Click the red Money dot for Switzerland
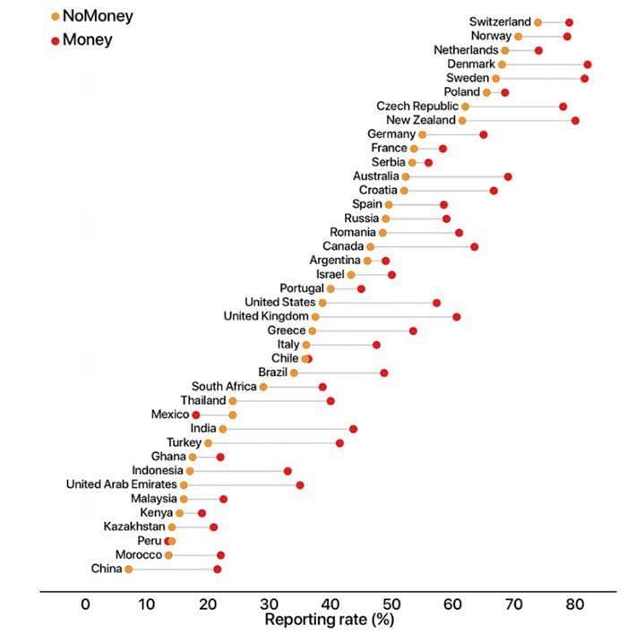point(569,22)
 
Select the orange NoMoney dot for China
point(128,570)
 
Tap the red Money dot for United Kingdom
point(457,317)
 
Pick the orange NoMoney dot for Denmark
point(502,64)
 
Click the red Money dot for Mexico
point(196,416)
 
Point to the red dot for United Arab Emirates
point(300,485)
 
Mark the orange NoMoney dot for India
point(223,429)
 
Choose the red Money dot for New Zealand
point(575,121)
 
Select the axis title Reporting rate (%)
point(330,619)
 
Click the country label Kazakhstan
point(133,527)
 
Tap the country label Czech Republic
point(417,107)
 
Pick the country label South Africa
point(224,387)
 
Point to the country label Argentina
point(335,261)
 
